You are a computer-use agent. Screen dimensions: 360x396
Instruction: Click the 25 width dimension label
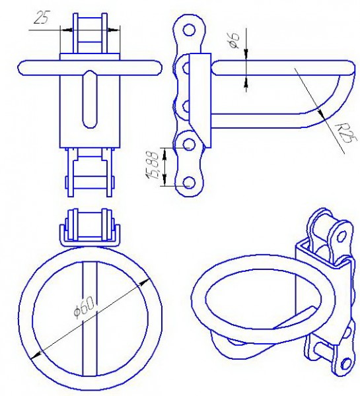41,17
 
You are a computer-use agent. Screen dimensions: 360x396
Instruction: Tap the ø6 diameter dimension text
234,41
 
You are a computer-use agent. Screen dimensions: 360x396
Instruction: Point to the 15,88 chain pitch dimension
153,165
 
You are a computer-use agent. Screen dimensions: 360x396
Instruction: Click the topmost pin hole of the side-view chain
189,30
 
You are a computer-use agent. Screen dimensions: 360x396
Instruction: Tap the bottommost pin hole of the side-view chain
189,183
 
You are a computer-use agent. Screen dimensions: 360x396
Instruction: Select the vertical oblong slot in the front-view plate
90,99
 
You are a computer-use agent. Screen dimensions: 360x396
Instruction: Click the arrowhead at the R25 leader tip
320,113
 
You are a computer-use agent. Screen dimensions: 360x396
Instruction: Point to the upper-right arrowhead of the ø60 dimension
145,281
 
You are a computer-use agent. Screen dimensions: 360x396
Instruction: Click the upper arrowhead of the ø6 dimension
246,54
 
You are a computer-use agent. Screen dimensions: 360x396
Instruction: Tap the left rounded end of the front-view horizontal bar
22,68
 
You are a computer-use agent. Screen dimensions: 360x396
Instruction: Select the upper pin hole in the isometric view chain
341,237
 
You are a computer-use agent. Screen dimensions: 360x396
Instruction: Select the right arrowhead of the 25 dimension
113,30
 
